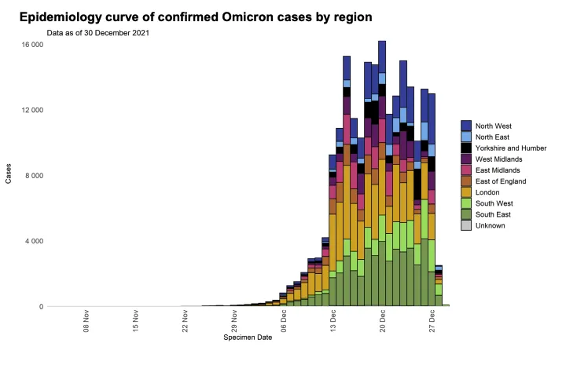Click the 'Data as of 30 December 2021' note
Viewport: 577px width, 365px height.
coord(98,33)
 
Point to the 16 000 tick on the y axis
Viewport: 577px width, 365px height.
coord(31,45)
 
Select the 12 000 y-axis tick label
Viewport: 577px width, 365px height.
coord(31,110)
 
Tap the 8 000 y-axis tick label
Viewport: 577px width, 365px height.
coord(34,176)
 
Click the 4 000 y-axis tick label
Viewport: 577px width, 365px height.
coord(34,241)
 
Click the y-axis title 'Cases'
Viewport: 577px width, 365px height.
coord(9,175)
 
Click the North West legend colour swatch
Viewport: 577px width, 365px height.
coord(466,126)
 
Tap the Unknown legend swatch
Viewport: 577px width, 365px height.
coord(466,225)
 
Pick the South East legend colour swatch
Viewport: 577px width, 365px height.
coord(466,214)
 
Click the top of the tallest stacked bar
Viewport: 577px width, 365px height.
coord(382,42)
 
